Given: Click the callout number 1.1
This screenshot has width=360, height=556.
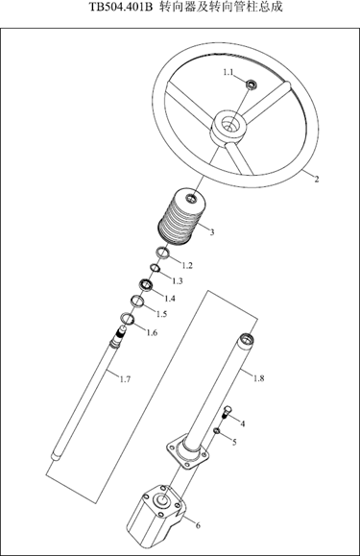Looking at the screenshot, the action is pyautogui.click(x=228, y=72).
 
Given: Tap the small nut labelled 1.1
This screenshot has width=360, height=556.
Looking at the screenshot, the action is pyautogui.click(x=252, y=85).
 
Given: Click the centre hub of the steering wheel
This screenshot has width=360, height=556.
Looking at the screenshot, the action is pyautogui.click(x=228, y=128).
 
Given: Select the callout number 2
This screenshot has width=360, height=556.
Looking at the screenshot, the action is pyautogui.click(x=317, y=179).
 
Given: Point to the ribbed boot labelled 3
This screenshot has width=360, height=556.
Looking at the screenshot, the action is pyautogui.click(x=181, y=216).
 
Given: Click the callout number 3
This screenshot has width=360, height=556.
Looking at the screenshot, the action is pyautogui.click(x=212, y=232).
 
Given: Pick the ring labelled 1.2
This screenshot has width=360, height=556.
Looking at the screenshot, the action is pyautogui.click(x=163, y=254).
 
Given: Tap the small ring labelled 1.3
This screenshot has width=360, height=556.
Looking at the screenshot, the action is pyautogui.click(x=155, y=269).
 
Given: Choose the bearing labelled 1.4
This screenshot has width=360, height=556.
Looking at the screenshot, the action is pyautogui.click(x=146, y=284).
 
